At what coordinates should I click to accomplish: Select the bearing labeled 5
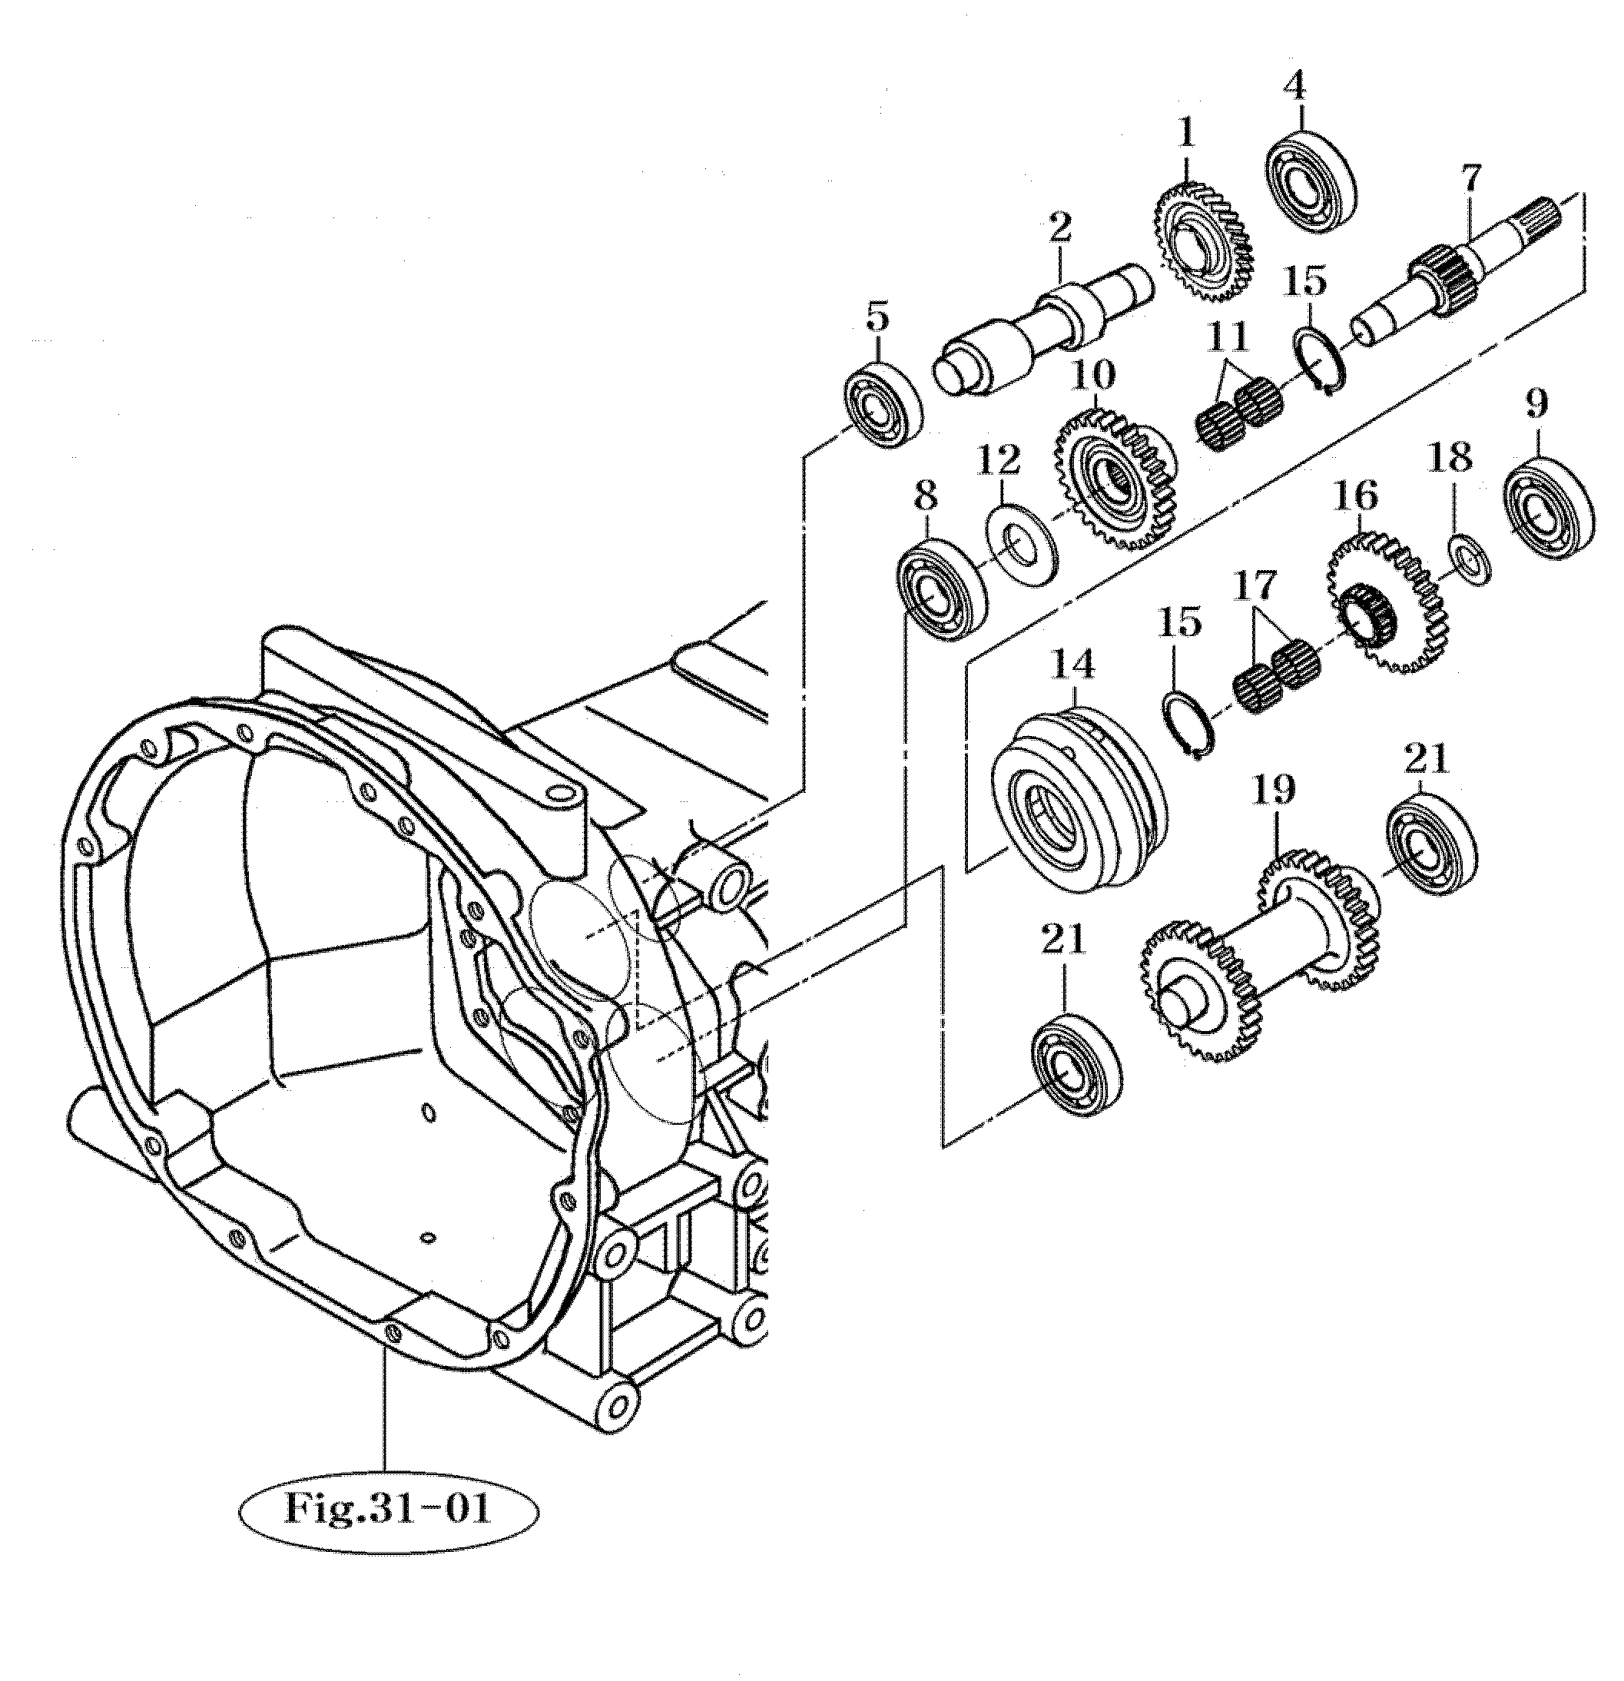[x=883, y=403]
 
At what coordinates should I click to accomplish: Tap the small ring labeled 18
[x=1470, y=559]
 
